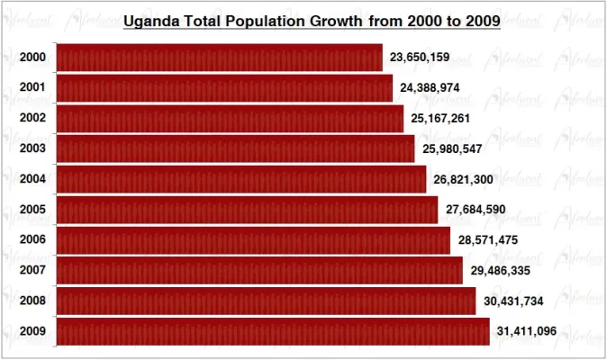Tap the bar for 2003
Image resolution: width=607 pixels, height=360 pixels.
pyautogui.click(x=235, y=148)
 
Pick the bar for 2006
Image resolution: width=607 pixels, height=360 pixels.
pyautogui.click(x=253, y=240)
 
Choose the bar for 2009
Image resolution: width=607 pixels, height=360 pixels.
pyautogui.click(x=273, y=331)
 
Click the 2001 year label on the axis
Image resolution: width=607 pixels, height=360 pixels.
pyautogui.click(x=32, y=88)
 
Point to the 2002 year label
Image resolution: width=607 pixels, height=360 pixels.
pyautogui.click(x=32, y=119)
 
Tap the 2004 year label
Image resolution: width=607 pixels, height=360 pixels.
pyautogui.click(x=32, y=179)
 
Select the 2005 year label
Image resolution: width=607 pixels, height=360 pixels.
pyautogui.click(x=32, y=210)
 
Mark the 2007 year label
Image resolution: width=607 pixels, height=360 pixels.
pyautogui.click(x=32, y=271)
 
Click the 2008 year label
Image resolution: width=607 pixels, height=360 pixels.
pyautogui.click(x=32, y=301)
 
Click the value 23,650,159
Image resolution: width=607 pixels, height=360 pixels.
pyautogui.click(x=420, y=58)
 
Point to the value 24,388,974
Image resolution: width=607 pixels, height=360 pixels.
pyautogui.click(x=430, y=88)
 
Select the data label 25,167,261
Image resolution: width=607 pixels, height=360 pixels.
pyautogui.click(x=441, y=119)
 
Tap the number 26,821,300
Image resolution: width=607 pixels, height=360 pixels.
pyautogui.click(x=463, y=180)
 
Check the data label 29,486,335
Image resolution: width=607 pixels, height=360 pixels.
pyautogui.click(x=500, y=271)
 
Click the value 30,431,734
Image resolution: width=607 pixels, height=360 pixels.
pyautogui.click(x=512, y=301)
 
